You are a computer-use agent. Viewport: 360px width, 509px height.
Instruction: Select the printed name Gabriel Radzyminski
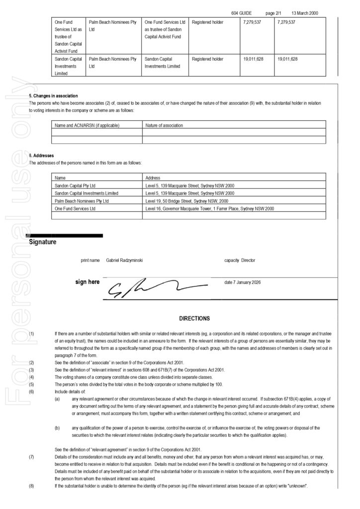coord(124,260)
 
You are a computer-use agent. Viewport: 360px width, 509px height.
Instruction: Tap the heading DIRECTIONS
coord(194,319)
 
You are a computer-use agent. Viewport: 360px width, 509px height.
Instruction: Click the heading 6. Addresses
coord(41,156)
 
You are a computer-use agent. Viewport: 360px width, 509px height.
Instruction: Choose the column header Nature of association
coord(165,125)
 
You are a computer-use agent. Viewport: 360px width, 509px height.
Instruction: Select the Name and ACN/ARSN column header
coord(87,125)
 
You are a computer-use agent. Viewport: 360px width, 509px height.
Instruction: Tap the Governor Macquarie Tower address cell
coord(209,209)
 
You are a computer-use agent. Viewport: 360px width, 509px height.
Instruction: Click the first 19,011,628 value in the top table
coord(253,59)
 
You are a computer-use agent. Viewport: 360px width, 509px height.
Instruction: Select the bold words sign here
coord(88,282)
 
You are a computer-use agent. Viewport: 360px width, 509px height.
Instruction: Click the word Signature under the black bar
coord(43,242)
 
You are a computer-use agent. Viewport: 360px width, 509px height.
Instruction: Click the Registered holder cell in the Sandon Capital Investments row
coord(208,59)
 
